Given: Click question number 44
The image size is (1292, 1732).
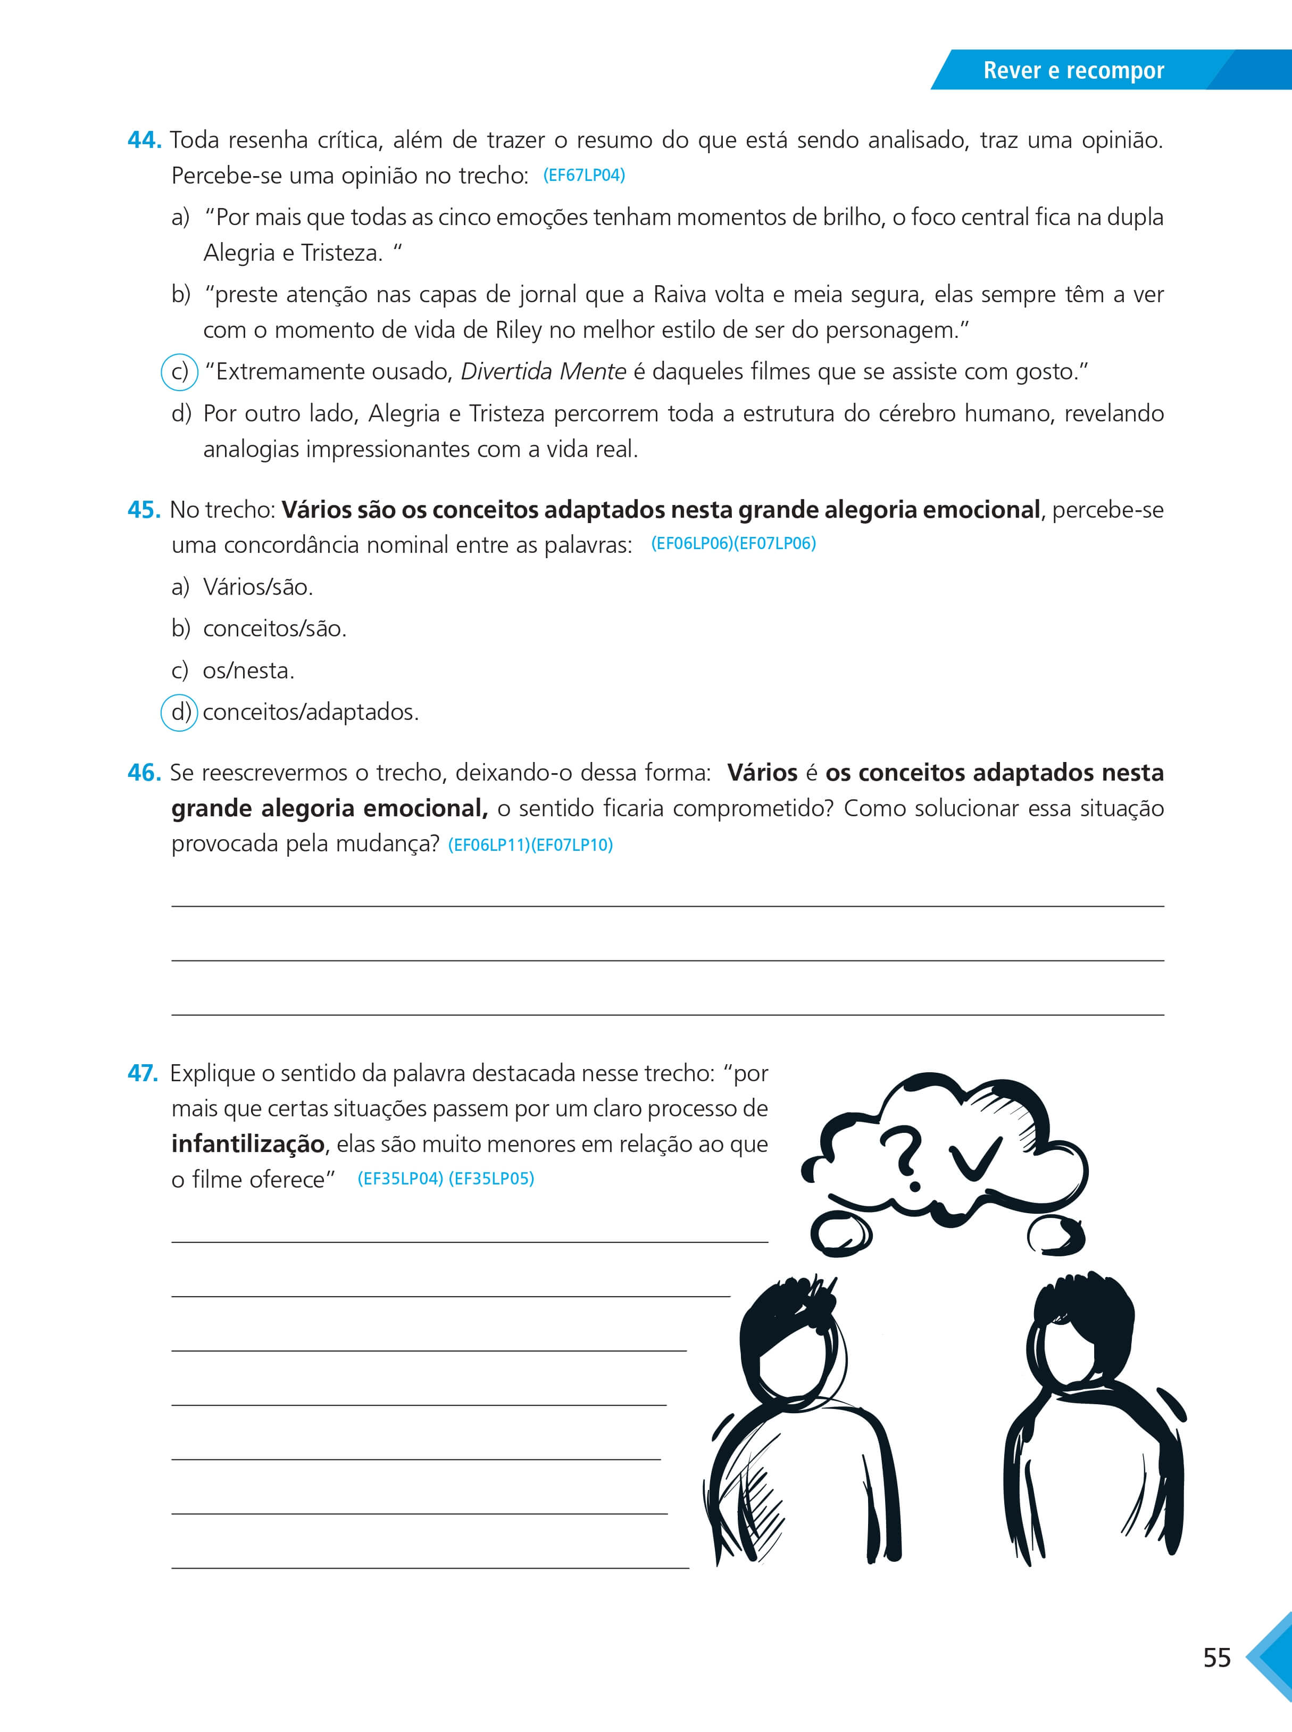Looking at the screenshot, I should click(x=144, y=140).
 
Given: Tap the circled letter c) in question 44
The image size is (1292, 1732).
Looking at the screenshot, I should click(x=179, y=371).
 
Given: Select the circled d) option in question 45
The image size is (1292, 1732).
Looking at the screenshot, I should click(x=179, y=712).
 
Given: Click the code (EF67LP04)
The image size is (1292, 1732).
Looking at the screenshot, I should click(x=584, y=175).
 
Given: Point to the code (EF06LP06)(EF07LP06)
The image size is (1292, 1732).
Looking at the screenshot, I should click(x=733, y=544).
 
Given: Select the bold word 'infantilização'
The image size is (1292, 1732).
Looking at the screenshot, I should click(x=248, y=1143).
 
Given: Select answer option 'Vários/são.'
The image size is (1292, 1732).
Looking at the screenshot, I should click(x=258, y=587).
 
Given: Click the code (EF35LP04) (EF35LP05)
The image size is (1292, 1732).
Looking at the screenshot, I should click(x=446, y=1179).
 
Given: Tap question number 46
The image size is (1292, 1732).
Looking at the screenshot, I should click(x=144, y=773).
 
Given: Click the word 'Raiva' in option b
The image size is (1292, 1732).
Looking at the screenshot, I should click(x=680, y=295).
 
